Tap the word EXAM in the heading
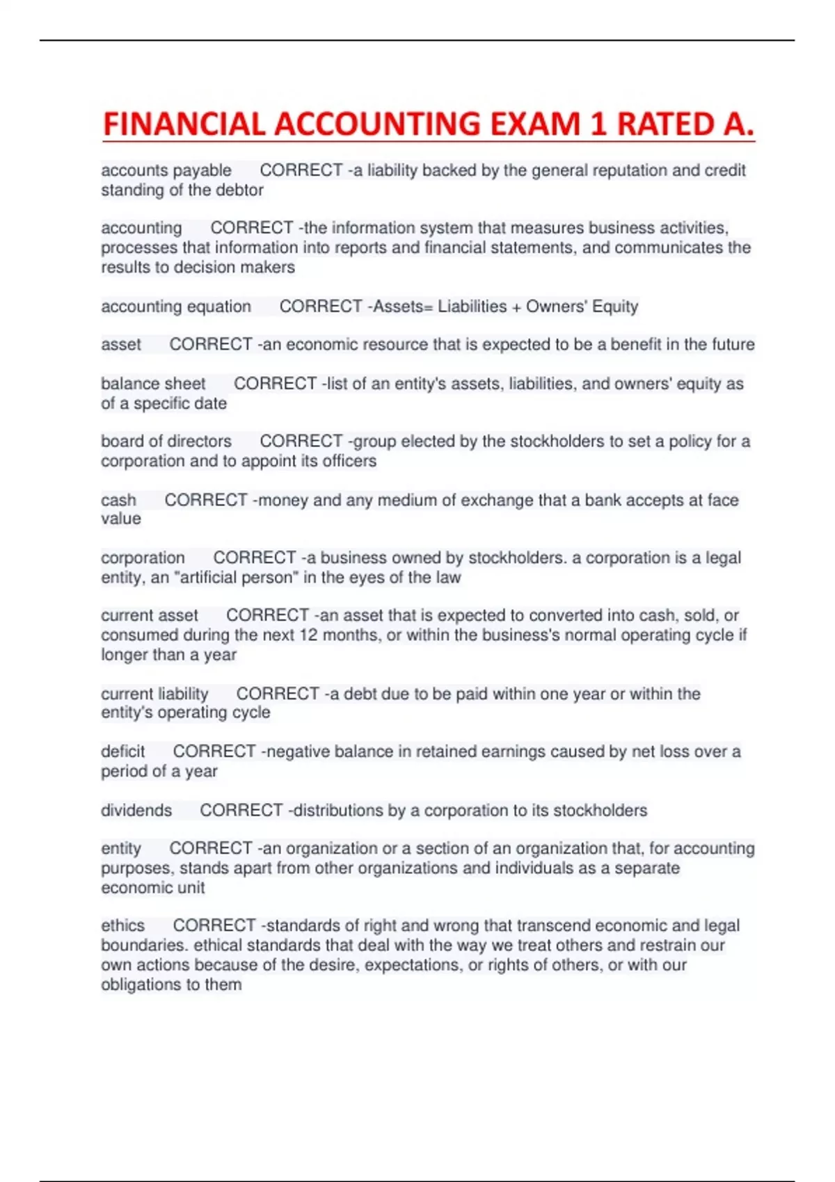[534, 125]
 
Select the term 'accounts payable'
[166, 170]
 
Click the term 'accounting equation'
[176, 307]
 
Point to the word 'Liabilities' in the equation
[472, 307]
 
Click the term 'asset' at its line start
[121, 345]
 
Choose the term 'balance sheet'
[153, 384]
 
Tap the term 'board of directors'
[166, 442]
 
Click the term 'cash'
[118, 501]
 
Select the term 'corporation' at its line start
[143, 558]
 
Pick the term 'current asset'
[150, 616]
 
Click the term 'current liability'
[154, 694]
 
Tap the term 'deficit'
[123, 752]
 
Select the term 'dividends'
[136, 811]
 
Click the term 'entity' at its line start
[121, 849]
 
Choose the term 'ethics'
[123, 926]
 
